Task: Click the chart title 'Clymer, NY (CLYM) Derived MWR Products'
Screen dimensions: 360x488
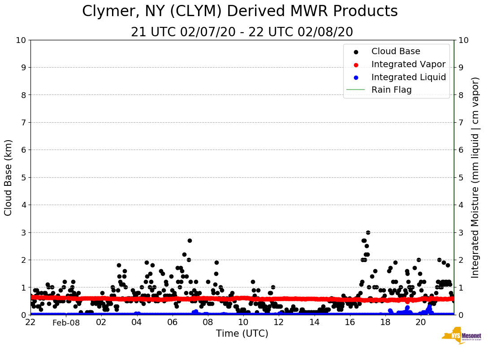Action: click(x=240, y=12)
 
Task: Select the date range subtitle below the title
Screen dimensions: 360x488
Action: click(x=242, y=32)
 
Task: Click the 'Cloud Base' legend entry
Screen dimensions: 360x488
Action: click(x=396, y=51)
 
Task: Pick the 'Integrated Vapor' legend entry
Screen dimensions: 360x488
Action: click(x=408, y=64)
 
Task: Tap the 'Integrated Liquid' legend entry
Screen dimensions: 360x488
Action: click(x=408, y=77)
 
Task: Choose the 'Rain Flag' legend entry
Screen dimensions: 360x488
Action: click(x=391, y=90)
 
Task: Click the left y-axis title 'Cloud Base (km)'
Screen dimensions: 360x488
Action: click(x=9, y=177)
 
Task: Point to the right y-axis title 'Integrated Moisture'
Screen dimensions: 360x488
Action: click(x=475, y=177)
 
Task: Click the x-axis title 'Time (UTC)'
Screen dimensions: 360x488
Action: click(x=242, y=334)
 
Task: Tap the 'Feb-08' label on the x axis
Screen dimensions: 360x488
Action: click(x=66, y=323)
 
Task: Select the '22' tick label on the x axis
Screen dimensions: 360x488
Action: click(x=30, y=322)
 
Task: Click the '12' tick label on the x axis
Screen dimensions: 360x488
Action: click(x=279, y=322)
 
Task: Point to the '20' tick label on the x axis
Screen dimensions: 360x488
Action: click(x=421, y=322)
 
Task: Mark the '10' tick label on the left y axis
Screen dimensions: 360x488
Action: click(x=21, y=40)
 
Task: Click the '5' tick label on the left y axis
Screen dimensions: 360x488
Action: click(x=23, y=178)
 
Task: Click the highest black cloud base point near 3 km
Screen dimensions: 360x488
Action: click(x=368, y=232)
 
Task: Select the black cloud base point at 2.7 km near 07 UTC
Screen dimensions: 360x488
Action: click(x=190, y=240)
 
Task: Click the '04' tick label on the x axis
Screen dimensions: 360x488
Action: click(x=137, y=322)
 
